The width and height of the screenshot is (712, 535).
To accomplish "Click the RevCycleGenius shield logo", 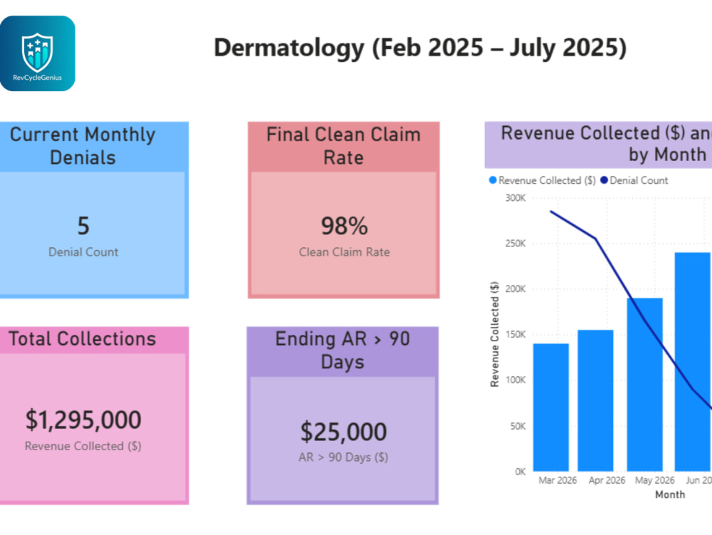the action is click(x=37, y=53).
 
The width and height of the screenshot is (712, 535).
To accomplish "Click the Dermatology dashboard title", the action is click(x=420, y=48).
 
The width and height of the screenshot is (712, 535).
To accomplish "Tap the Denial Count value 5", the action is click(x=83, y=226).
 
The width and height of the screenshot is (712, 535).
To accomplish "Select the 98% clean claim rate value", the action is click(x=344, y=226).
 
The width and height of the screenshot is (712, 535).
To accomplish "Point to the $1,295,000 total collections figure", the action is click(x=83, y=419).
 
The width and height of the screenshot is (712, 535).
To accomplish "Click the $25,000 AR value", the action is click(x=343, y=432).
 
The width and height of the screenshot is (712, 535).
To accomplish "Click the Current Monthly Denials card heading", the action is click(x=83, y=146).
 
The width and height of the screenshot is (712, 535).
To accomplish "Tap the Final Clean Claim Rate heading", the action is click(x=343, y=146).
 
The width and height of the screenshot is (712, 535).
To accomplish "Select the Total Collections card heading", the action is click(x=82, y=339).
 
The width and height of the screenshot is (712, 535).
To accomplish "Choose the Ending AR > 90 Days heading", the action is click(x=343, y=350).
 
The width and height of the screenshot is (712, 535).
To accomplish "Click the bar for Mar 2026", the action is click(x=551, y=407).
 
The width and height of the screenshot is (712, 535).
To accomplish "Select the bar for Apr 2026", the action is click(x=595, y=400).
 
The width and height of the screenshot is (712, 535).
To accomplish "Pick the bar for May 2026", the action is click(x=645, y=385).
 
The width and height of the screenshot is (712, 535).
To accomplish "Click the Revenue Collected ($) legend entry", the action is click(x=542, y=180).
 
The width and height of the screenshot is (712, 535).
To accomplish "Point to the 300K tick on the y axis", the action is click(x=515, y=198).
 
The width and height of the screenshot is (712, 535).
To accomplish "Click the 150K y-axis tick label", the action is click(x=515, y=335).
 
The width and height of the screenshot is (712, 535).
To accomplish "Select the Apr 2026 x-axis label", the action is click(x=607, y=480).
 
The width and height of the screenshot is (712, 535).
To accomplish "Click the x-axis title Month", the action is click(x=670, y=494).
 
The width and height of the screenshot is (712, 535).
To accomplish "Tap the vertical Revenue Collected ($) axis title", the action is click(x=495, y=334).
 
